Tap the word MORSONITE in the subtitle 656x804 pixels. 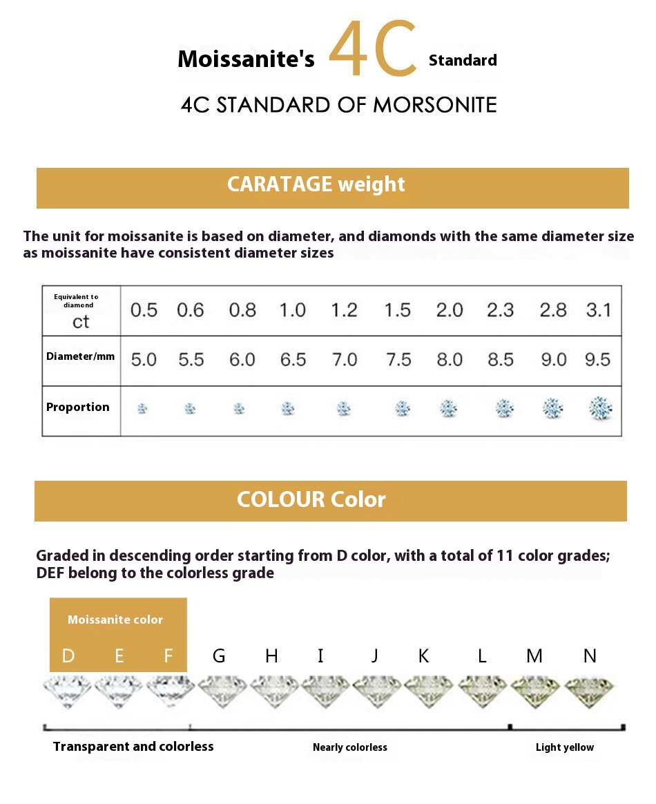tap(434, 105)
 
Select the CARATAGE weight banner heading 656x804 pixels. tap(316, 184)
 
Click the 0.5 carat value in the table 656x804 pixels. tap(144, 310)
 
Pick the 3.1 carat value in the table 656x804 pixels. tap(599, 309)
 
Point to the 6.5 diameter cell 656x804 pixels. tap(293, 360)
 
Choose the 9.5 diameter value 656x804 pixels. tap(597, 360)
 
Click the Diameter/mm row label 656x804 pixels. tap(81, 357)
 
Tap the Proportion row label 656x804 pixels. tap(78, 407)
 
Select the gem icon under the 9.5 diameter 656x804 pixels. tap(601, 408)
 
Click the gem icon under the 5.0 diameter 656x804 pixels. tap(142, 408)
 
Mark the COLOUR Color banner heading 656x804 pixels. tap(311, 499)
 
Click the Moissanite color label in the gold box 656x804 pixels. tap(115, 620)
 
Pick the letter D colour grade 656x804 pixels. tap(68, 655)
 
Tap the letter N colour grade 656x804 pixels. tap(590, 655)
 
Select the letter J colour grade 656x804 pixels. tap(374, 655)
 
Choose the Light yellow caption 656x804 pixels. tap(565, 747)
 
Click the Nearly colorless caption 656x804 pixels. tap(350, 747)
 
